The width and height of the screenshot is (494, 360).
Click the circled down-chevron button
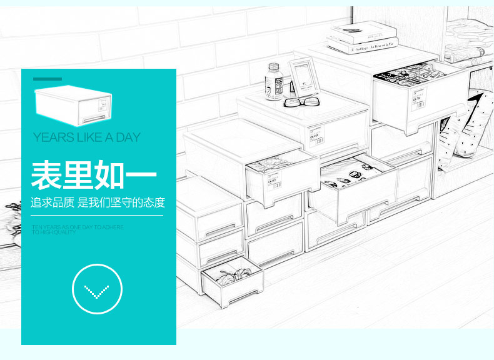click(x=97, y=289)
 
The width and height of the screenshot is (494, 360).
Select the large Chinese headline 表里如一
click(x=94, y=175)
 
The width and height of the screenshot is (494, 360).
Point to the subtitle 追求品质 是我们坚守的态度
click(x=98, y=202)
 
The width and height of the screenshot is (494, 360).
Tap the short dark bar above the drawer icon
click(x=48, y=79)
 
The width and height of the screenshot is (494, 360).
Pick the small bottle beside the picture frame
click(x=274, y=82)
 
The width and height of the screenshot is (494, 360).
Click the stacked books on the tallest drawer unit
click(x=363, y=39)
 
